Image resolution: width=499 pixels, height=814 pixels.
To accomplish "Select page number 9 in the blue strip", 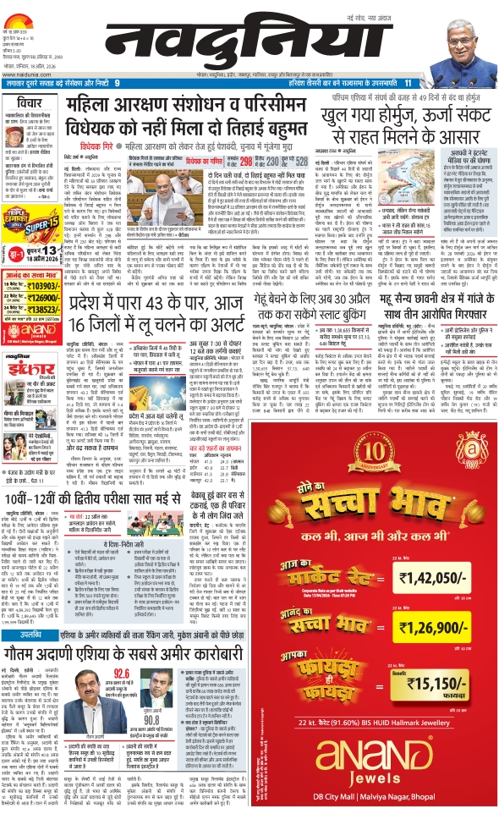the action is [129, 83].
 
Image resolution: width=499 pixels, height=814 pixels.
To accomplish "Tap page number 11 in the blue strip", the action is [407, 83].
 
